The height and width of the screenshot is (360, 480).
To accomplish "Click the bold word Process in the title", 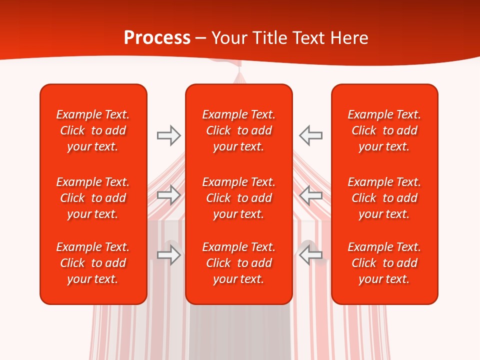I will pyautogui.click(x=157, y=38).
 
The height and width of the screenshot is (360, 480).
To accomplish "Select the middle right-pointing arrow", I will pyautogui.click(x=168, y=195).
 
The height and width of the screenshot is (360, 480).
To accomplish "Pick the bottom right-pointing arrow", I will pyautogui.click(x=168, y=255).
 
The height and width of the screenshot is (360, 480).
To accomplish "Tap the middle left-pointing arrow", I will pyautogui.click(x=311, y=195).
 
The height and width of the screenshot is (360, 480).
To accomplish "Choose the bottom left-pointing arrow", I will pyautogui.click(x=311, y=255).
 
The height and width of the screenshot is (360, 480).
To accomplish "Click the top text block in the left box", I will pyautogui.click(x=93, y=130).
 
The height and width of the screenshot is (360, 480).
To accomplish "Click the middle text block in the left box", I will pyautogui.click(x=93, y=198).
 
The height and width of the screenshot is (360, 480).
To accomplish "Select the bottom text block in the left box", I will pyautogui.click(x=93, y=263).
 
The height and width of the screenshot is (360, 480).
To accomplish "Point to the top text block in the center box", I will pyautogui.click(x=238, y=130).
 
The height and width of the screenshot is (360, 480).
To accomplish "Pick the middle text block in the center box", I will pyautogui.click(x=238, y=198).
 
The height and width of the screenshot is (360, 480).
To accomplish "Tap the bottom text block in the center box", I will pyautogui.click(x=238, y=263).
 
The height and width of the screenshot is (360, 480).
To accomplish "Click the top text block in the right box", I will pyautogui.click(x=384, y=130).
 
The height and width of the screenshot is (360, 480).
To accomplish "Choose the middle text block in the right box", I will pyautogui.click(x=384, y=198).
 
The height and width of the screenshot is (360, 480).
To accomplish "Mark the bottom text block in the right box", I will pyautogui.click(x=384, y=263).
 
